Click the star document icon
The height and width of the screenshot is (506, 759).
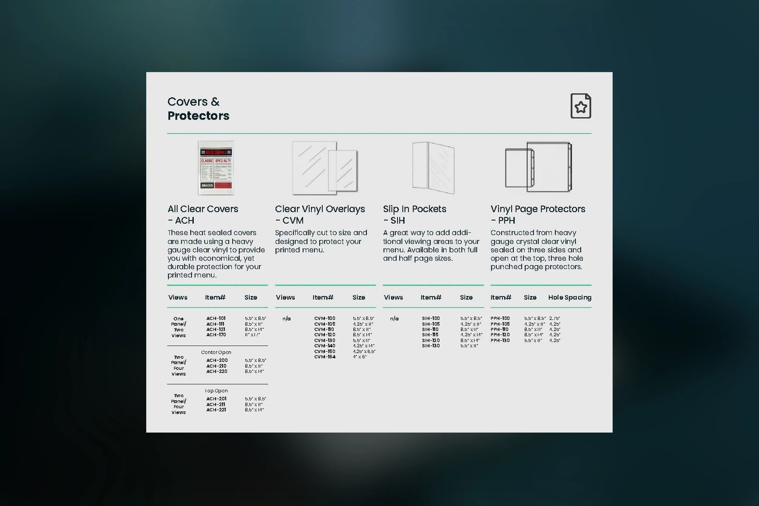pos(580,106)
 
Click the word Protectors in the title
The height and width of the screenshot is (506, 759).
pos(198,116)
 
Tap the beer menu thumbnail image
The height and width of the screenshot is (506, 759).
pos(216,168)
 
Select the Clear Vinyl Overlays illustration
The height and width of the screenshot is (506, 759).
pos(325,168)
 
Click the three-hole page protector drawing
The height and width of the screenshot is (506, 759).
pos(538,167)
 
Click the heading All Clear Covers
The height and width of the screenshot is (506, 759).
pos(203,209)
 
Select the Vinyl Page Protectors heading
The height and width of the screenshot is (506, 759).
pos(538,209)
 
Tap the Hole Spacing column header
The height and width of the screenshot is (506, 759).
pos(570,297)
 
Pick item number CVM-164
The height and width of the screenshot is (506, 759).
pos(325,357)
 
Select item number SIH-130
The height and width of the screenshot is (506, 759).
pos(431,346)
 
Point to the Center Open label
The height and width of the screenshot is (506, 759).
pos(216,352)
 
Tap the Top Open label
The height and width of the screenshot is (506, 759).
pos(216,391)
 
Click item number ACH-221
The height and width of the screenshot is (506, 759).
pos(216,410)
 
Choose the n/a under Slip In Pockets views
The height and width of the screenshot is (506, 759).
pos(394,318)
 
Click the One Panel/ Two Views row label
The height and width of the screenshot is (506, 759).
pos(179,327)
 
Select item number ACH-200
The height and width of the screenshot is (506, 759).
pos(217,361)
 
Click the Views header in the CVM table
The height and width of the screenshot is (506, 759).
pos(285,297)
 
